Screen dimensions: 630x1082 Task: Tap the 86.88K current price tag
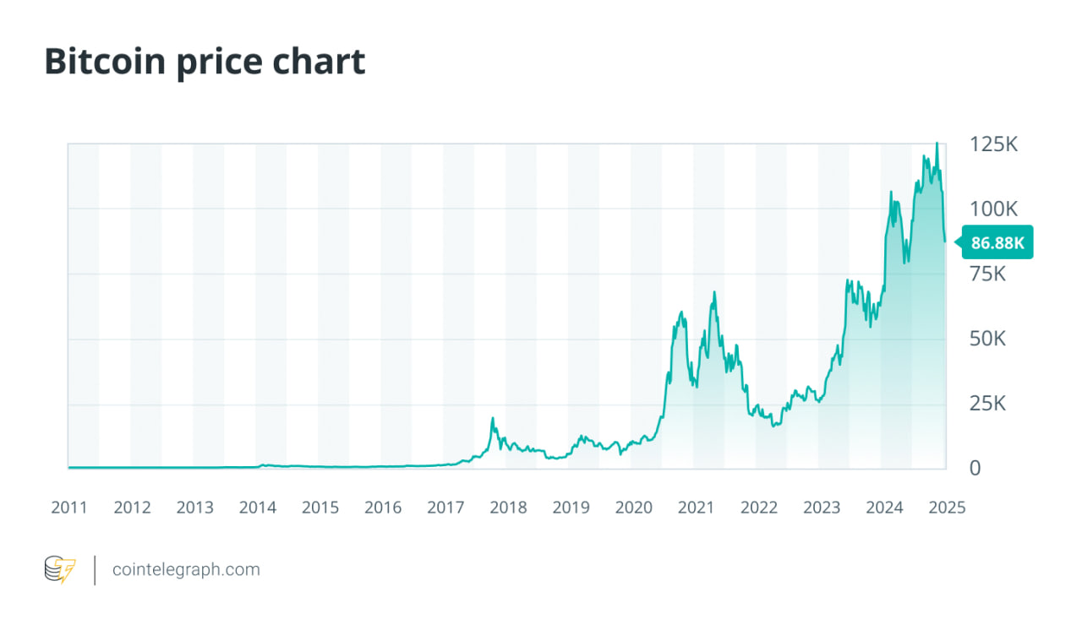click(x=997, y=243)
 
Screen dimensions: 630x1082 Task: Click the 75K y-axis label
click(x=987, y=274)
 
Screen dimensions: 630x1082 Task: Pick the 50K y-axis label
click(x=987, y=339)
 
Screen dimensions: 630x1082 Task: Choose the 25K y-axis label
click(x=987, y=404)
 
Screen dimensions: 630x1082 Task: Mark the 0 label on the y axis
click(x=975, y=468)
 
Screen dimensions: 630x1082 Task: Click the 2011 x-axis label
click(x=69, y=508)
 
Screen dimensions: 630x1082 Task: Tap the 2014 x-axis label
click(x=257, y=508)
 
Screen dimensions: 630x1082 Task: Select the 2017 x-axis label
click(x=445, y=508)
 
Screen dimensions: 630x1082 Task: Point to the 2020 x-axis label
click(x=633, y=508)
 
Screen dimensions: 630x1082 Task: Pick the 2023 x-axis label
click(x=822, y=508)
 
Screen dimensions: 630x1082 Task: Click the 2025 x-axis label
click(x=947, y=508)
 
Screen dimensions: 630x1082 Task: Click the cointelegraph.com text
click(x=186, y=570)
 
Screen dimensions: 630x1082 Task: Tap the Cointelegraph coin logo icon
click(x=59, y=570)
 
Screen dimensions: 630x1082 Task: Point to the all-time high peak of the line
click(x=937, y=144)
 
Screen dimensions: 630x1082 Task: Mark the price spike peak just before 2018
click(x=492, y=418)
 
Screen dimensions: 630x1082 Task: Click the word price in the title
click(x=221, y=62)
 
